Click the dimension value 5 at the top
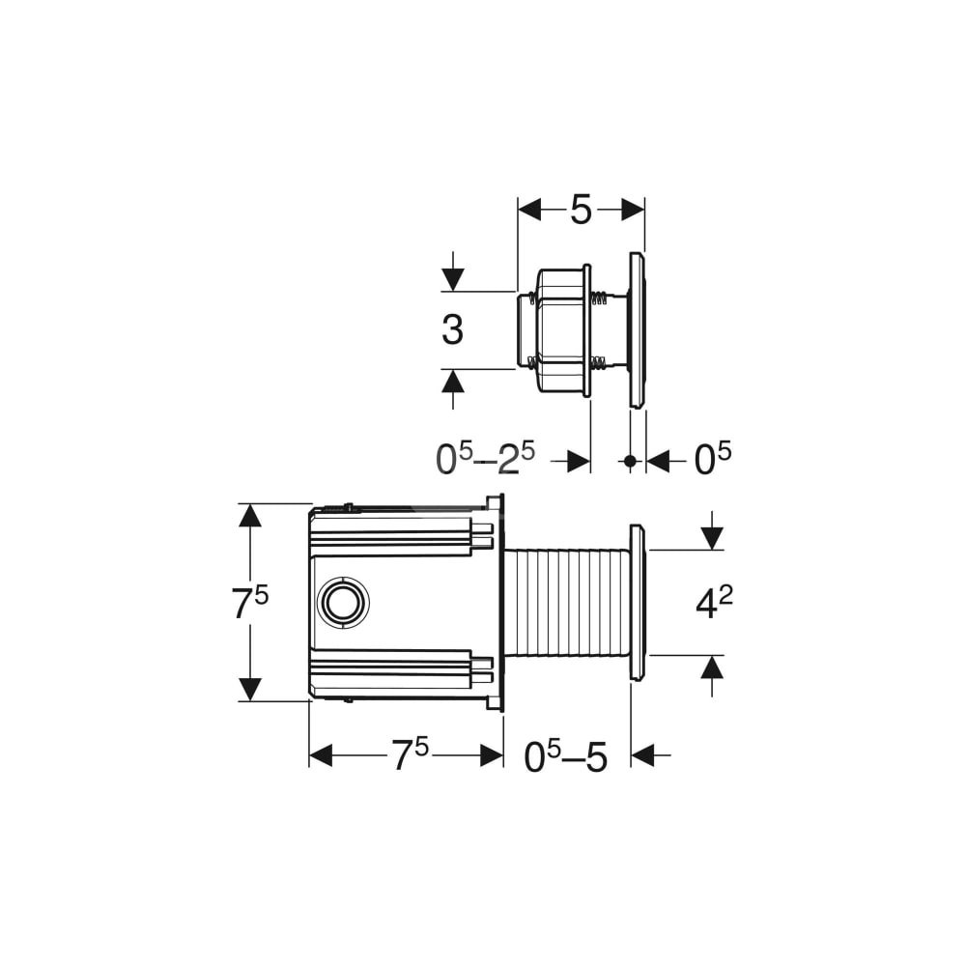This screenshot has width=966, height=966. pos(581,210)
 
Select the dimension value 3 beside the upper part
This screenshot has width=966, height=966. pos(453,329)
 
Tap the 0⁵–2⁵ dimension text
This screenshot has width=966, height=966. pos(486,459)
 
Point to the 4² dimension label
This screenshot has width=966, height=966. pos(714,603)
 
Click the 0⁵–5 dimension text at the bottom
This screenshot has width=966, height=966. pos(565,756)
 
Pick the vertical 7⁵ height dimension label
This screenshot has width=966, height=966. pos(249,603)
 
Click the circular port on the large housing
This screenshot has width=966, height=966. pos(343,602)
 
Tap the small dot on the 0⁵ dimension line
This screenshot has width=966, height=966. pos(630,460)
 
